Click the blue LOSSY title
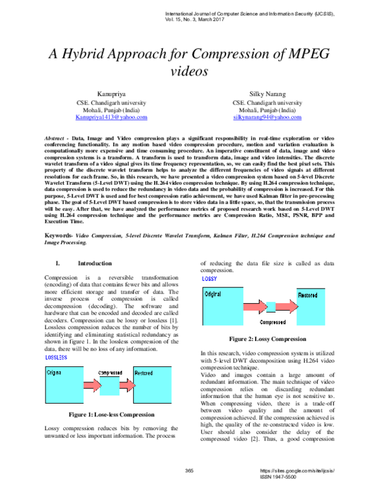click(x=209, y=278)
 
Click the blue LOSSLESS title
click(x=56, y=357)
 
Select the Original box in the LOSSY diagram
click(x=222, y=307)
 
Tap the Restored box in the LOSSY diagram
click(x=311, y=308)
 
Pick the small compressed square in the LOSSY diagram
click(x=271, y=307)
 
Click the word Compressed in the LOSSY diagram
click(x=273, y=322)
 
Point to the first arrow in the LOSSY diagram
click(x=255, y=307)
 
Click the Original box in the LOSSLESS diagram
click(x=64, y=385)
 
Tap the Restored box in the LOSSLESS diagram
click(x=152, y=385)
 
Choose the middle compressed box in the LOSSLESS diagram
click(x=109, y=386)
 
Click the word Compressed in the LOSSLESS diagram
click(x=110, y=373)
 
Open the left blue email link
click(x=111, y=118)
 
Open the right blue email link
click(x=267, y=118)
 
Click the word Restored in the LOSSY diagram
click(x=308, y=295)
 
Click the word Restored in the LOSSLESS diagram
click(x=143, y=373)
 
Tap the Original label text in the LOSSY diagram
click(x=213, y=294)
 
